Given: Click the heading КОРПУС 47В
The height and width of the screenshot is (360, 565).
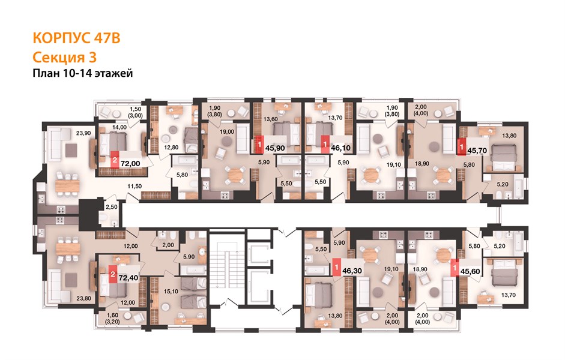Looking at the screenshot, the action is (x=76, y=38).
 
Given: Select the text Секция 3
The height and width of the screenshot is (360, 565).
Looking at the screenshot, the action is (x=64, y=57).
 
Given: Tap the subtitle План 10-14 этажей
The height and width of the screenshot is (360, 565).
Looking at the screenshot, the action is (x=82, y=73).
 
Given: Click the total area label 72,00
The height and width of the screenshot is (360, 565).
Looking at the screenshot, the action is (x=130, y=163).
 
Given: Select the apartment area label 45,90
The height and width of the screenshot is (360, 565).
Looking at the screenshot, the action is (x=275, y=148).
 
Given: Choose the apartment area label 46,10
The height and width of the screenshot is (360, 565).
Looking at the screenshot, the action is (x=340, y=148).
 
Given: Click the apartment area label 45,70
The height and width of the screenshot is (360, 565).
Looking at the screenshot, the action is (x=477, y=151).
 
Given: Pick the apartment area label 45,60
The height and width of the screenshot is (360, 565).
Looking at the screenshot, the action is (x=470, y=271).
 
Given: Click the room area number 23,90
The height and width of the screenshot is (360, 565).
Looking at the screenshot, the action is (x=83, y=133).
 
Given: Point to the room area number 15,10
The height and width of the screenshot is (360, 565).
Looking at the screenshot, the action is (x=171, y=291).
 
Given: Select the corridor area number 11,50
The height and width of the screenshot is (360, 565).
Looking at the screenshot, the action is (x=134, y=186).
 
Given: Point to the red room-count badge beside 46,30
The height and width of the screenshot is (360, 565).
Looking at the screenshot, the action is (x=336, y=268).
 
